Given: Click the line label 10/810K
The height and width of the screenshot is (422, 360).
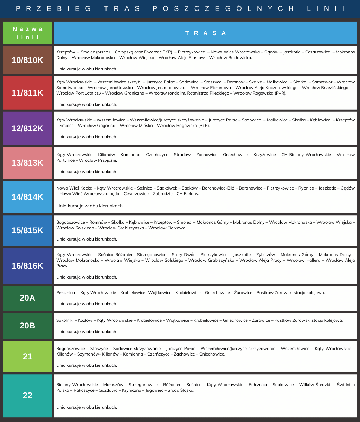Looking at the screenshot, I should tap(27, 60).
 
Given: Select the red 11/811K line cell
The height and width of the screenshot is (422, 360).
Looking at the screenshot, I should tap(27, 93).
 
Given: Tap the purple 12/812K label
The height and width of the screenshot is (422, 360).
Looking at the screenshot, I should tap(27, 128).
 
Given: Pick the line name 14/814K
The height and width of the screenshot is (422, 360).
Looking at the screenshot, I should tap(27, 197).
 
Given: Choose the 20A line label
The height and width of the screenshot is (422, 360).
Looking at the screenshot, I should tap(27, 298).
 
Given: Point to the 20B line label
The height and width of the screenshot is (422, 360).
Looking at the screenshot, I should tap(27, 326).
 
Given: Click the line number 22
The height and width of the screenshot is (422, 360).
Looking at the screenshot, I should tap(27, 395).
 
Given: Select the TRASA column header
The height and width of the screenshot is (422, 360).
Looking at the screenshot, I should tap(206, 33).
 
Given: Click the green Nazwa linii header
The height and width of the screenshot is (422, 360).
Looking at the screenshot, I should tap(27, 33).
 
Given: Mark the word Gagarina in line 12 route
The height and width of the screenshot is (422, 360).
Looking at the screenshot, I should tap(107, 126).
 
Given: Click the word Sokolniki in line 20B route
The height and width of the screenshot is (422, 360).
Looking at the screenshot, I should tap(65, 320).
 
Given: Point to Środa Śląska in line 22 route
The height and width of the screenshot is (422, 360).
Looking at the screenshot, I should tap(181, 390).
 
